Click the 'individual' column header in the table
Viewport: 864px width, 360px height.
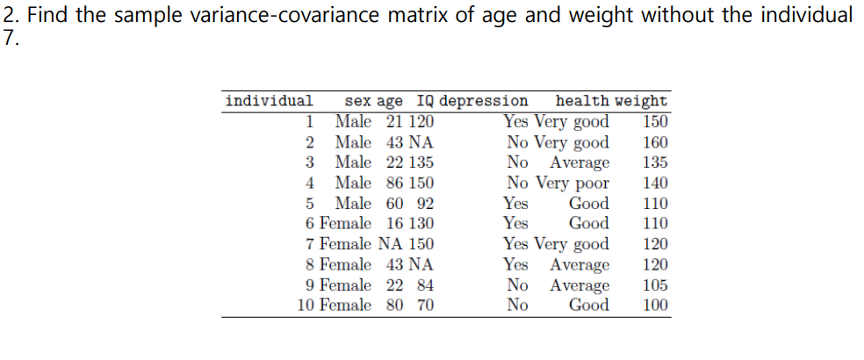tap(269, 101)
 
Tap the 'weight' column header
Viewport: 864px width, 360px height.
tap(641, 101)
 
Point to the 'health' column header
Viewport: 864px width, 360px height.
tap(583, 101)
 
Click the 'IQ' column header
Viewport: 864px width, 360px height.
tap(425, 101)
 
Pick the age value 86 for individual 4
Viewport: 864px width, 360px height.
tap(395, 184)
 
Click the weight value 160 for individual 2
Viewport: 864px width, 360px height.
tap(655, 142)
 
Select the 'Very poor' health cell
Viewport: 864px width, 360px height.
tap(572, 184)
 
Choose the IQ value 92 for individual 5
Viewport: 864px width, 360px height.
tap(425, 204)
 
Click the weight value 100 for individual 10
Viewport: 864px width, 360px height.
tap(655, 306)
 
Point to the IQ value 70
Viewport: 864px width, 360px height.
tap(425, 306)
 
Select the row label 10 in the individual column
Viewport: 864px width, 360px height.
tap(306, 306)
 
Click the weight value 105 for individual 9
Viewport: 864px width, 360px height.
tap(655, 285)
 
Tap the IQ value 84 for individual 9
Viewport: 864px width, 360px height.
tap(425, 285)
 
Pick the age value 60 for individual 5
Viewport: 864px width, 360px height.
tap(395, 204)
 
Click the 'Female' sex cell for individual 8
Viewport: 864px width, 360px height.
tap(346, 264)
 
